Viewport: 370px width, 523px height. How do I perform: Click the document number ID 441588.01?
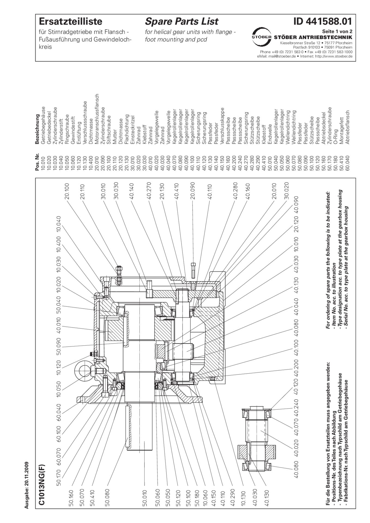[323, 21]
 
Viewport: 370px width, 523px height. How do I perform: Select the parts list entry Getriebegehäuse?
[43, 125]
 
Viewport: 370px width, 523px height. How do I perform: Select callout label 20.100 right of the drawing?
[67, 191]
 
